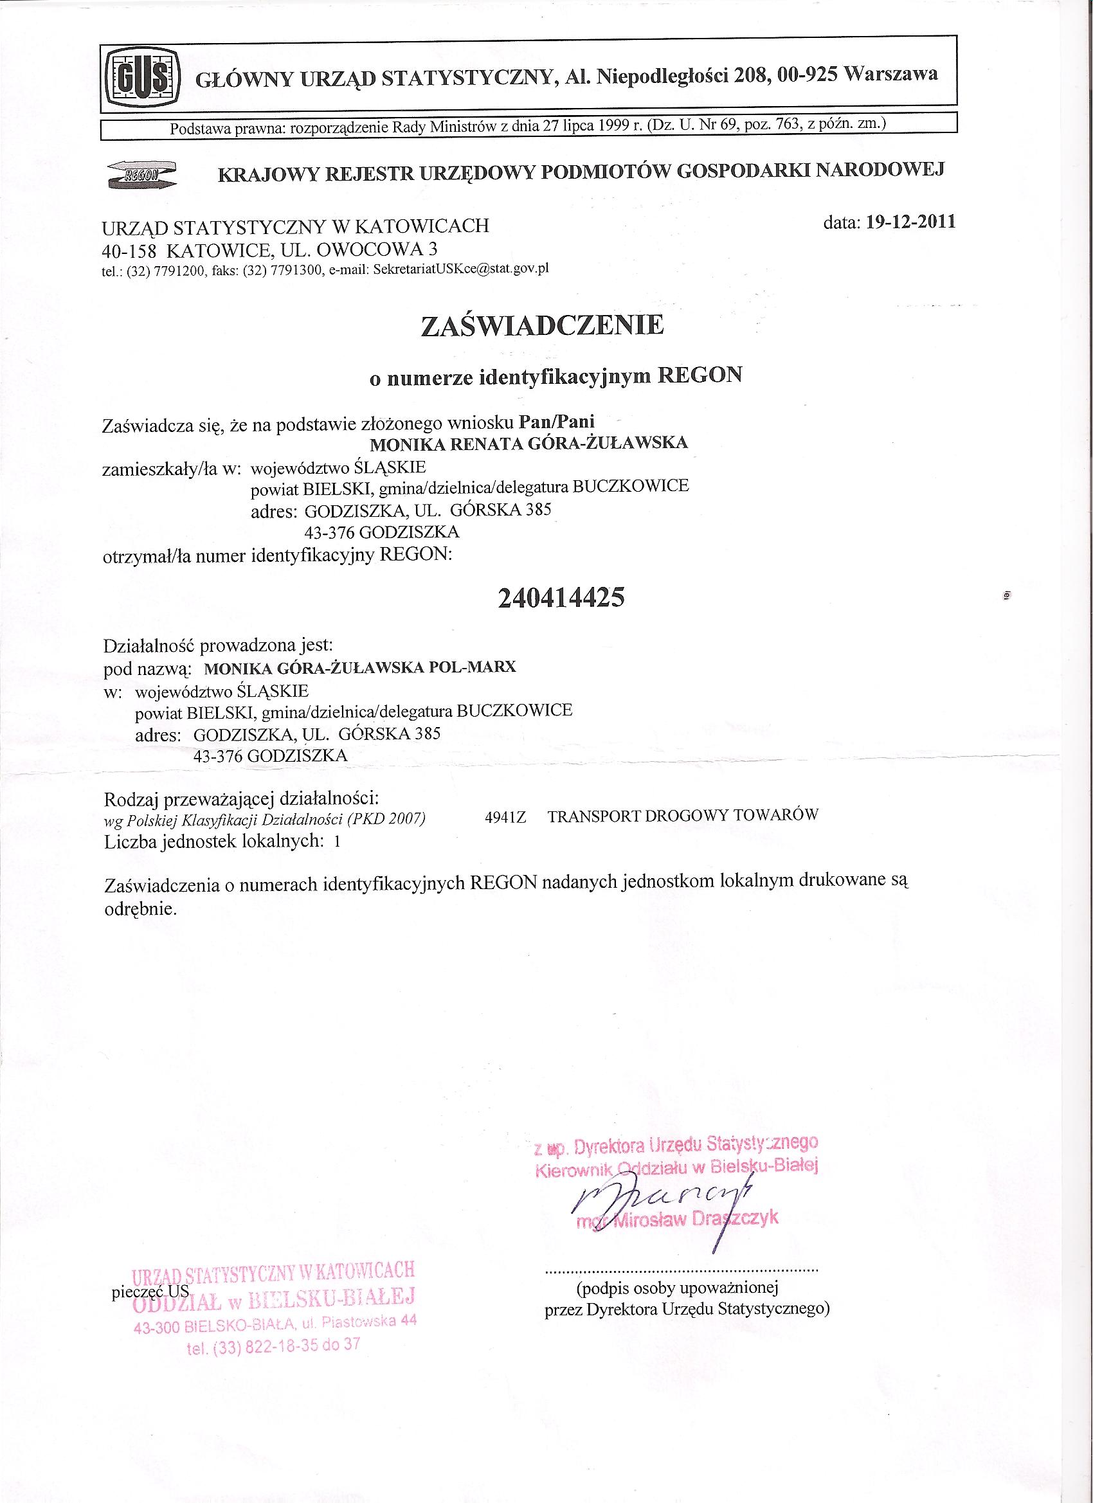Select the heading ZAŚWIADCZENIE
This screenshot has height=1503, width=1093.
[542, 326]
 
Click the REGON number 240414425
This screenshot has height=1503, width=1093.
[560, 598]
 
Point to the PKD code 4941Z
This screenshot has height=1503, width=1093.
[505, 817]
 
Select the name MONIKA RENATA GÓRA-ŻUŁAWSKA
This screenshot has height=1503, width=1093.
[528, 443]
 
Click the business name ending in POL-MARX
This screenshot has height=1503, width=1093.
[361, 667]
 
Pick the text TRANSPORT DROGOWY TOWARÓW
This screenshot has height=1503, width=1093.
[683, 815]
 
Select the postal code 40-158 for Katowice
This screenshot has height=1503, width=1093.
[129, 251]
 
